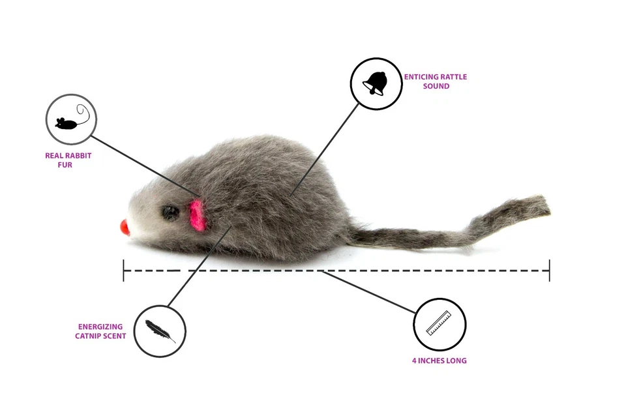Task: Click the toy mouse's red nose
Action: pyautogui.click(x=125, y=227)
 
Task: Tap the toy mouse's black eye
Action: pyautogui.click(x=170, y=212)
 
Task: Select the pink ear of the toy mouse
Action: pyautogui.click(x=198, y=215)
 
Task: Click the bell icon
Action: pyautogui.click(x=376, y=83)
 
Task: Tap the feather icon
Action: pyautogui.click(x=160, y=331)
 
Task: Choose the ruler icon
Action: pyautogui.click(x=439, y=324)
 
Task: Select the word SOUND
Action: pyautogui.click(x=436, y=86)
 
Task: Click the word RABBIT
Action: pyautogui.click(x=78, y=156)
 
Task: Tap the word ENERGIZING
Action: pyautogui.click(x=100, y=327)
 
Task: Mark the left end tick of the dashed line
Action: pyautogui.click(x=123, y=270)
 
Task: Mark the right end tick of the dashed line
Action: pyautogui.click(x=549, y=270)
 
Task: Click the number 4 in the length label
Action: pyautogui.click(x=414, y=360)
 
